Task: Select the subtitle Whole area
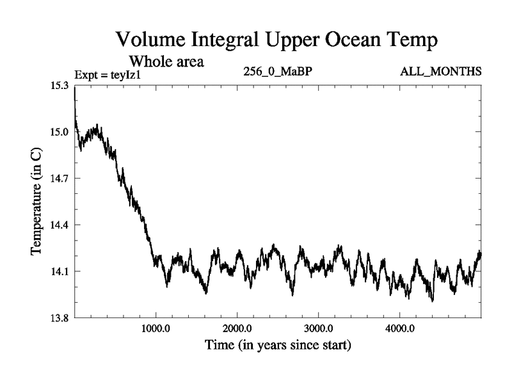[x=167, y=62]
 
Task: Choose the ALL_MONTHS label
[x=440, y=71]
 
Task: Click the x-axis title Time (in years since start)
[x=278, y=346]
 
